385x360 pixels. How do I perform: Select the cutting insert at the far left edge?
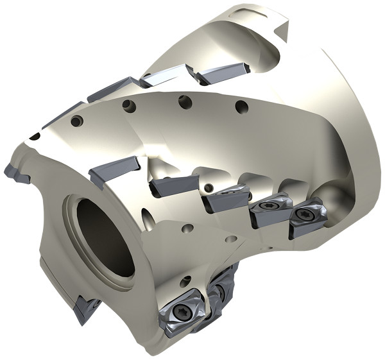pyautogui.click(x=15, y=172)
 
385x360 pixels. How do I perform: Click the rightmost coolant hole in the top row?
pyautogui.click(x=241, y=107)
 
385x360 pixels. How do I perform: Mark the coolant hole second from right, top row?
pyautogui.click(x=185, y=101)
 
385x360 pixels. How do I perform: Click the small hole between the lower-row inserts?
pyautogui.click(x=209, y=187)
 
